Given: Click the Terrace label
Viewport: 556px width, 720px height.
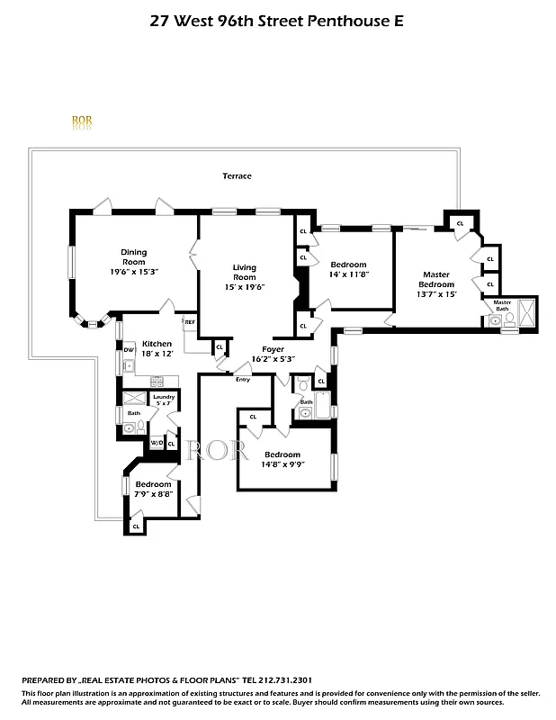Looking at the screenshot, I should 238,176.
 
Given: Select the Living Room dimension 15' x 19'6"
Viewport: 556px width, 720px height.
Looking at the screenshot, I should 244,288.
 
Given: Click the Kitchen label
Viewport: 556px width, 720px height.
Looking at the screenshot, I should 157,344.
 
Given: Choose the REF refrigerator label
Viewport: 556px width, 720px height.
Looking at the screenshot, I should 190,321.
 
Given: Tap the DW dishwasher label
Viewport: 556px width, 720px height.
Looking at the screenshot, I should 130,349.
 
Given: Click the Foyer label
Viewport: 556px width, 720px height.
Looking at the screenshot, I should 274,348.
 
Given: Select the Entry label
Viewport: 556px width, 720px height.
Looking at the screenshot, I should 242,380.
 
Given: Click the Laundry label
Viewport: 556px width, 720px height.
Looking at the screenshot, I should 163,397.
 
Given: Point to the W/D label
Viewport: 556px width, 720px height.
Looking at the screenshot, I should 156,443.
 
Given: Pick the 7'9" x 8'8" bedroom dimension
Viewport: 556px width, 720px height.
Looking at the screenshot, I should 154,494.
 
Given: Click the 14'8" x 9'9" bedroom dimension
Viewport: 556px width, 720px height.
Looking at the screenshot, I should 282,464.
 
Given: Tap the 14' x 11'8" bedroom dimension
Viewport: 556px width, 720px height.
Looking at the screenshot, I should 349,274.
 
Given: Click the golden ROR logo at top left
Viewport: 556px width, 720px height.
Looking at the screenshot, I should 81,121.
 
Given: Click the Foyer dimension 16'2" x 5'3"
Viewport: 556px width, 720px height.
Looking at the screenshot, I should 279,358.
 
